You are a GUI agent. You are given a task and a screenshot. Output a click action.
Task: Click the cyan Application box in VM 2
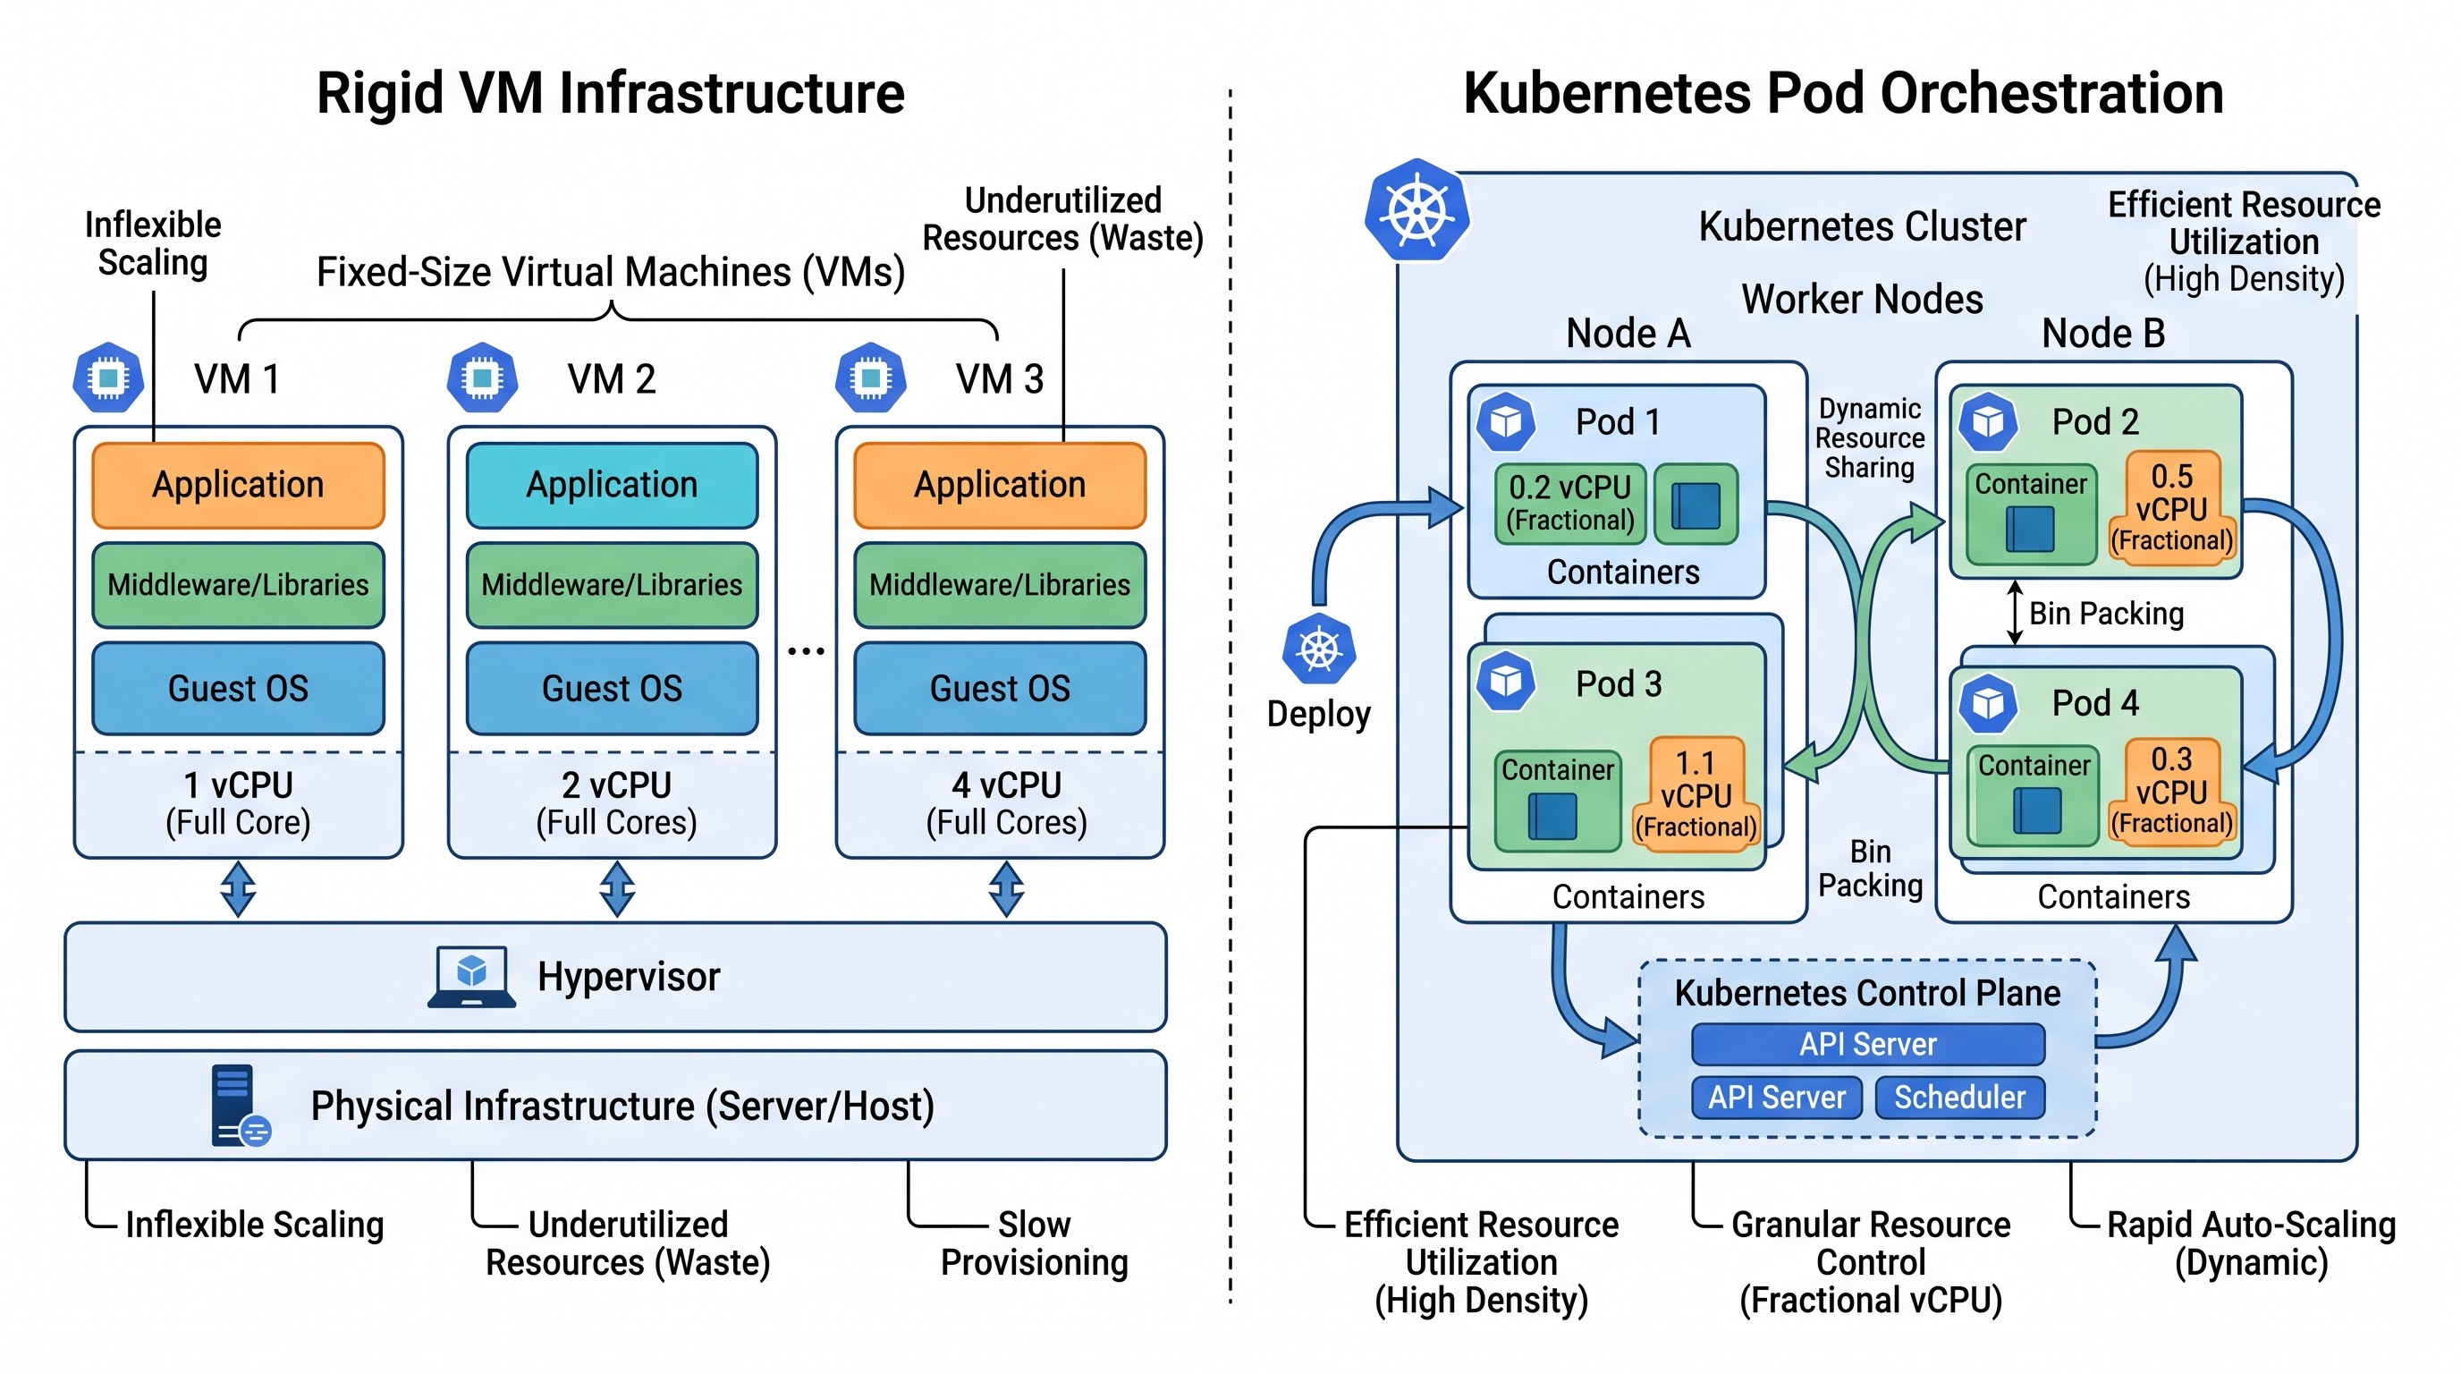612,485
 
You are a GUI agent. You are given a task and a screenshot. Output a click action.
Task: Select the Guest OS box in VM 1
238,688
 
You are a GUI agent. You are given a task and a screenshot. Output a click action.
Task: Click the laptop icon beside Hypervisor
471,977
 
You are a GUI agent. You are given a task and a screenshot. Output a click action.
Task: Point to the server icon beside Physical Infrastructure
240,1106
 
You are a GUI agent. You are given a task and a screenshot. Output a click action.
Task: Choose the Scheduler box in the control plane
1959,1097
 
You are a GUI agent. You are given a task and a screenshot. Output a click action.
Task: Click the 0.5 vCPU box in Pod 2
2171,507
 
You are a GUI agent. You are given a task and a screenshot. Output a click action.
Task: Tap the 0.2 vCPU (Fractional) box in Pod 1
1569,504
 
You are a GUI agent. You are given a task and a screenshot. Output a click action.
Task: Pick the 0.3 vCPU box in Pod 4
2171,790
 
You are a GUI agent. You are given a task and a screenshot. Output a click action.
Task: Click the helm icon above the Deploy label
1319,650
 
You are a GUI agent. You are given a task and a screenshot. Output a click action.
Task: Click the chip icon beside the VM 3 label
870,377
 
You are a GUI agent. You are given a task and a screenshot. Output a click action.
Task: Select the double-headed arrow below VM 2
617,888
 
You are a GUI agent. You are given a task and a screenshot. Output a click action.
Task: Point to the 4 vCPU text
1006,785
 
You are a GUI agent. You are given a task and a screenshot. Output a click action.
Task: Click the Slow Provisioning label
1034,1243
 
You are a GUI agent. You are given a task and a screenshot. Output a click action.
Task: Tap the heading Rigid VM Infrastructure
611,94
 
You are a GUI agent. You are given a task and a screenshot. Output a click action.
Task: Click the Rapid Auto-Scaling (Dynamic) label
2251,1243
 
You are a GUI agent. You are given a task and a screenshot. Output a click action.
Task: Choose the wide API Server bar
1868,1044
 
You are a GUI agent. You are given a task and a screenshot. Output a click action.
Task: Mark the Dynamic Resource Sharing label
1870,438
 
